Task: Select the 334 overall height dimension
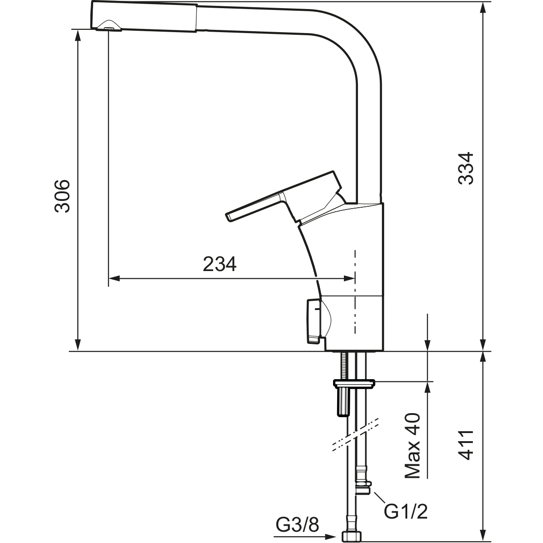(466, 167)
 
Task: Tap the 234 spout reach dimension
(219, 264)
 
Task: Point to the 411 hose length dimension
(466, 445)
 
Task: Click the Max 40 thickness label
(412, 446)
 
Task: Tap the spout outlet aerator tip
(109, 29)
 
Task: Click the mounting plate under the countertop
(354, 383)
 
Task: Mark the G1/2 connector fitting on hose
(363, 486)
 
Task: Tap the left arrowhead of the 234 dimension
(114, 278)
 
